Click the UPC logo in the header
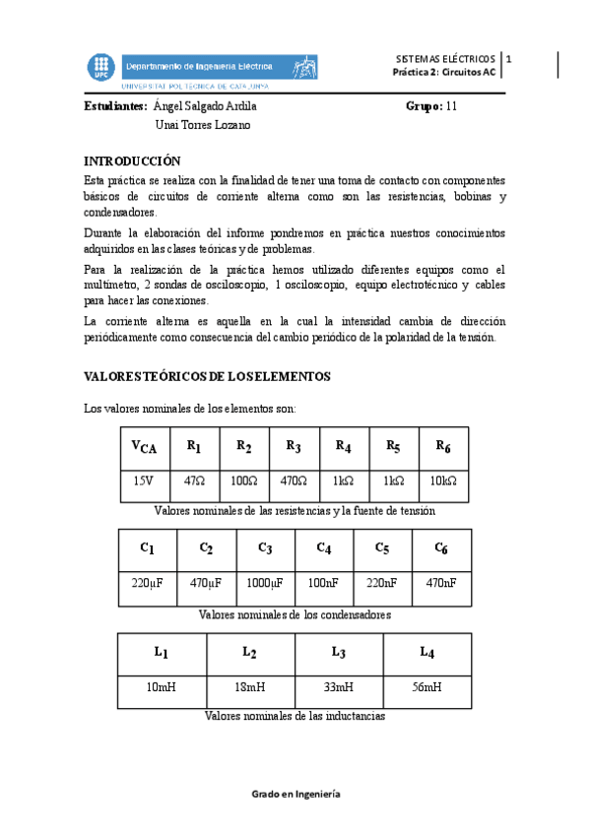coord(100,66)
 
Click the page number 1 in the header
coord(508,59)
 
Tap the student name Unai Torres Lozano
coord(203,125)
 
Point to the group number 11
coord(451,106)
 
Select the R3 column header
coord(294,446)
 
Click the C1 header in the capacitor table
coord(148,547)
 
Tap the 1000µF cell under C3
coord(265,583)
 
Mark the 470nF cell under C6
coord(440,583)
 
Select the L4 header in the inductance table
coord(427,652)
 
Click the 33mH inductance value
coord(338,687)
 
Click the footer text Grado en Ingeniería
coord(295,794)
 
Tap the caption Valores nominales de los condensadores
coord(295,613)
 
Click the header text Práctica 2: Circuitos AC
coord(444,72)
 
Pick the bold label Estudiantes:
coord(115,106)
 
